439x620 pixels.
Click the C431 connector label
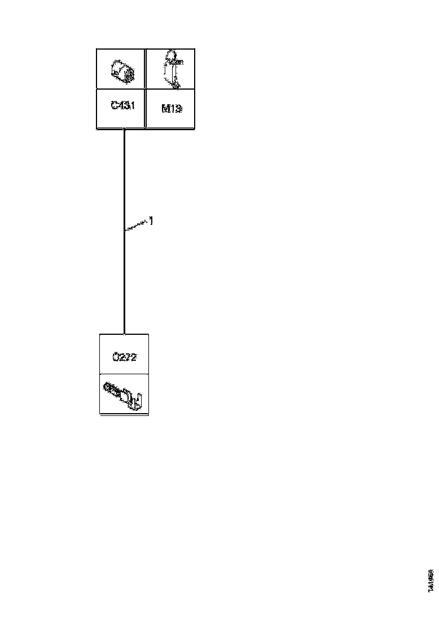coord(121,107)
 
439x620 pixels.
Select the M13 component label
coord(171,108)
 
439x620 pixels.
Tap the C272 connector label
coord(125,357)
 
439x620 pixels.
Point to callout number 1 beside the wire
coord(151,221)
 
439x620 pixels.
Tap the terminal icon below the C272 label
coord(124,395)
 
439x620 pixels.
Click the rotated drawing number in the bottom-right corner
coord(431,580)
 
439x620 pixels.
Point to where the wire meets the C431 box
coord(124,129)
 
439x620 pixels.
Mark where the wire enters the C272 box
coord(124,334)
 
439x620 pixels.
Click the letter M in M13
coord(165,108)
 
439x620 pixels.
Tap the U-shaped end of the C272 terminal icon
coord(138,401)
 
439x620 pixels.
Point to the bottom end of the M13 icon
coord(177,85)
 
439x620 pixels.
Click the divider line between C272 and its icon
coord(124,374)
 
